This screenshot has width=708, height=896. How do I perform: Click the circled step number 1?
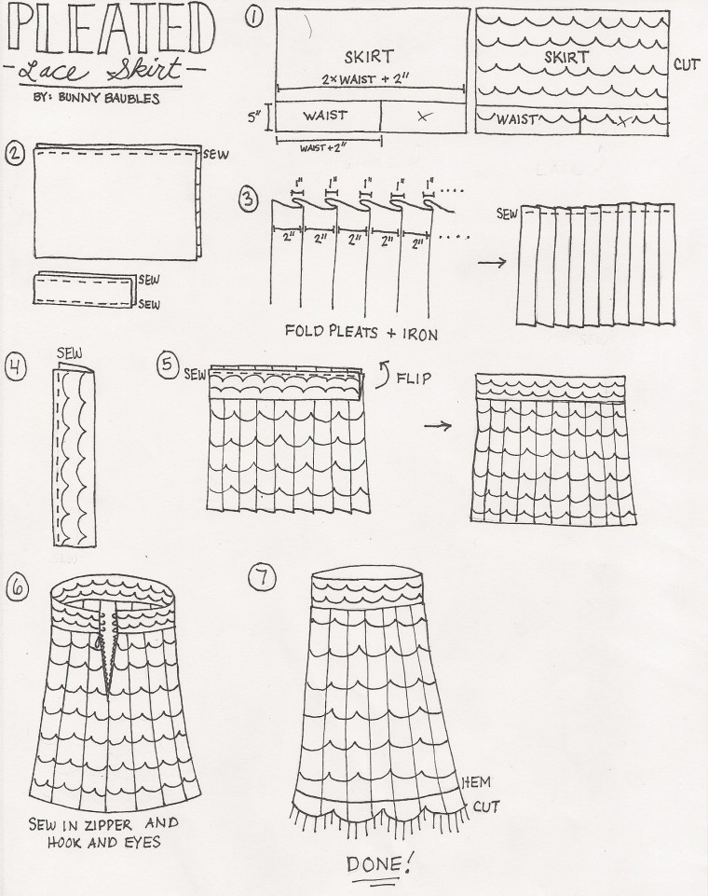(x=255, y=15)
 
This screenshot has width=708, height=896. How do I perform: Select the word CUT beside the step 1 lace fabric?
(x=685, y=65)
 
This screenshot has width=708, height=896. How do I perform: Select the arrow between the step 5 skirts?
(x=439, y=426)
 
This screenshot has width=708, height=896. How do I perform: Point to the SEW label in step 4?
(x=70, y=353)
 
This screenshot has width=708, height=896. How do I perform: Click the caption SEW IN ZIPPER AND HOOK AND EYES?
(x=100, y=834)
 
